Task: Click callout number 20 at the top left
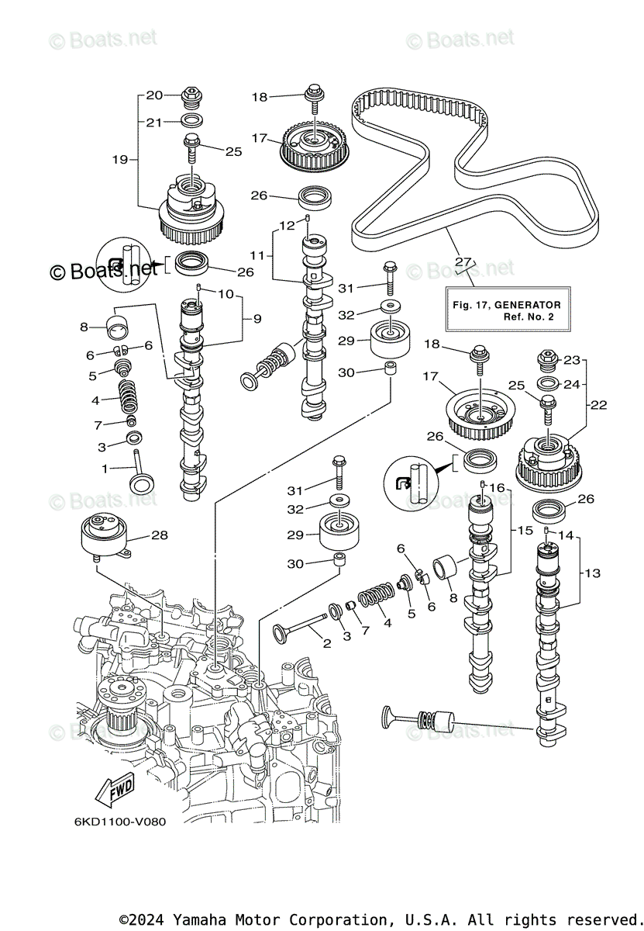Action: pos(154,95)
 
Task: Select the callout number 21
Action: pos(154,122)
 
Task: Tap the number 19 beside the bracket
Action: pos(119,160)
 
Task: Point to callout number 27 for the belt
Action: pos(463,261)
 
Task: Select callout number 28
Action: pos(160,535)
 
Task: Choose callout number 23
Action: pos(571,359)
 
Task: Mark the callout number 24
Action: pos(571,383)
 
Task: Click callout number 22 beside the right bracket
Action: pos(598,404)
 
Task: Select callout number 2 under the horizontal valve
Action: pos(326,643)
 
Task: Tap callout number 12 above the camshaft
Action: pos(287,225)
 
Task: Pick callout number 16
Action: pos(497,487)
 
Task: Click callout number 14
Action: pos(565,535)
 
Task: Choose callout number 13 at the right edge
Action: pos(592,573)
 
